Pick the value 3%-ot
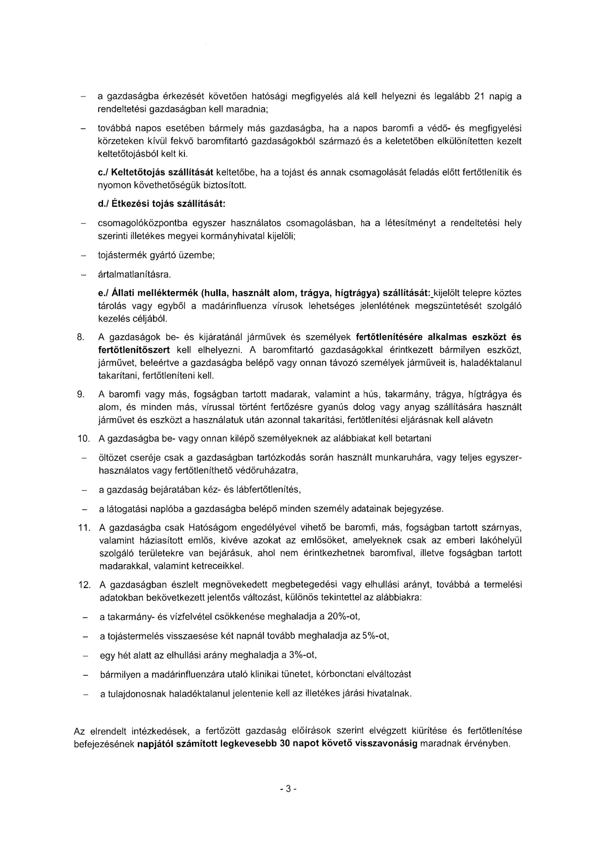pos(303,655)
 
